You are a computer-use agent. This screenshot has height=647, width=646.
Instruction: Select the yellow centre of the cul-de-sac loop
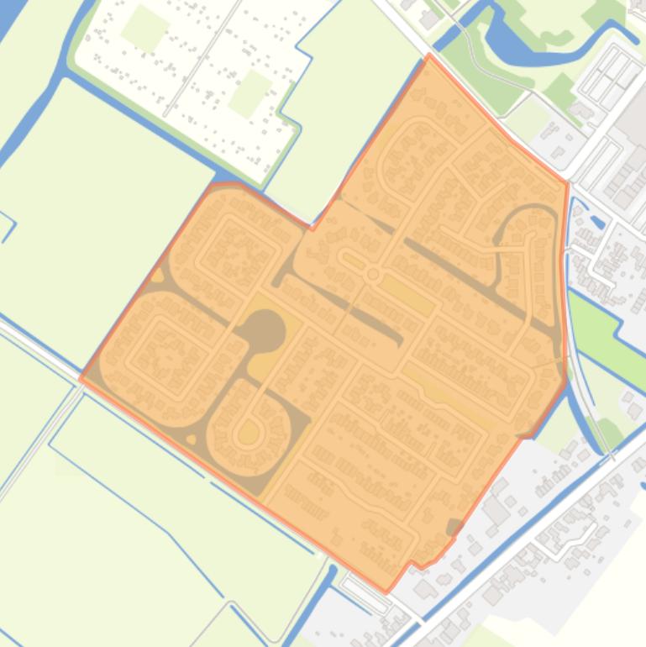(248, 434)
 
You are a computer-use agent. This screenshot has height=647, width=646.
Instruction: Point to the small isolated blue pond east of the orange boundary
(597, 223)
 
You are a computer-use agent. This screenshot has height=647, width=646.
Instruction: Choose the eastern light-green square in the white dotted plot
(249, 92)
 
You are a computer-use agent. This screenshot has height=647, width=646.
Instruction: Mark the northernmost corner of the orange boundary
(430, 55)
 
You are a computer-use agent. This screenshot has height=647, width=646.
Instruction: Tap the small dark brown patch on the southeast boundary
(454, 528)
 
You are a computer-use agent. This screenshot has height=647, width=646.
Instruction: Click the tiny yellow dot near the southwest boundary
(192, 439)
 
